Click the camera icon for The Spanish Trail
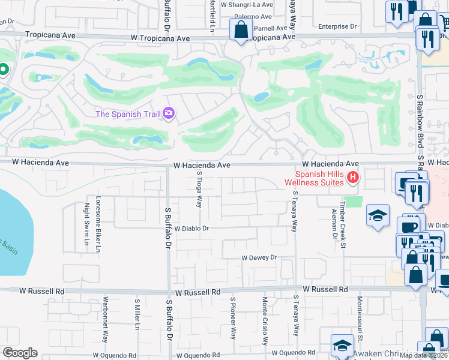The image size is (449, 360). click(x=169, y=113)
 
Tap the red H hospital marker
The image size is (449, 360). click(x=353, y=177)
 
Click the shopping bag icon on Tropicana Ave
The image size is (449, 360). click(x=241, y=29)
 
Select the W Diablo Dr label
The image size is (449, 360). click(x=191, y=229)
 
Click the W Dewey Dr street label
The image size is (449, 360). click(x=259, y=257)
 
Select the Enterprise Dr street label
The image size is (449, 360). click(x=337, y=27)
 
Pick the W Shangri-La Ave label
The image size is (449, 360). click(x=247, y=4)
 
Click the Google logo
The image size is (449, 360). click(x=20, y=353)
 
